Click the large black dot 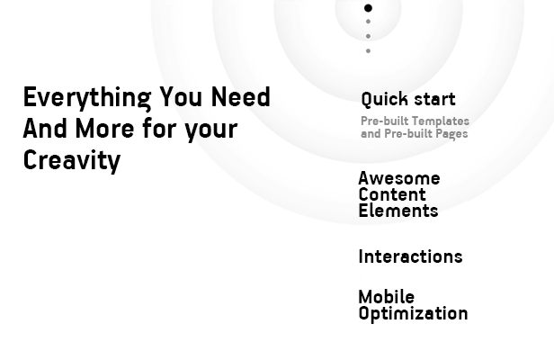coord(368,8)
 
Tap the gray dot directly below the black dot coord(368,22)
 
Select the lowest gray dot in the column coord(368,51)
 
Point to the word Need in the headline coord(241,96)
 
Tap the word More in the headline coord(104,128)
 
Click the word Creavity coord(72,161)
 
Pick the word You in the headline coord(181,96)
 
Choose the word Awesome coord(399,178)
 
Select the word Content coord(392,194)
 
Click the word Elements coord(398,211)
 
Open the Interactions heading coord(410,256)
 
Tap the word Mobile coord(387,297)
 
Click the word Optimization coord(414,314)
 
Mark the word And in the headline coord(45,128)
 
